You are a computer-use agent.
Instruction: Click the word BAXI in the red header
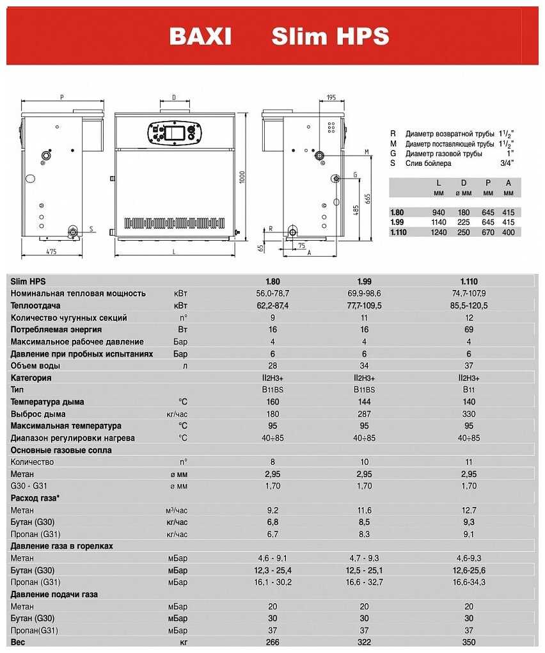pos(200,36)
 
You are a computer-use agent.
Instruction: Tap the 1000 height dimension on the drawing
pos(241,177)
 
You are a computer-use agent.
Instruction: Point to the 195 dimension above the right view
pos(331,98)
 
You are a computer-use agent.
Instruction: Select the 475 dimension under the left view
pos(51,252)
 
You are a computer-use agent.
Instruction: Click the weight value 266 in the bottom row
pos(272,642)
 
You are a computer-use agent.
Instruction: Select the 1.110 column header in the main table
pos(469,281)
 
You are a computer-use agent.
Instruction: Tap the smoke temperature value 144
pos(364,402)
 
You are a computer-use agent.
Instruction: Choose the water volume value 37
pos(469,366)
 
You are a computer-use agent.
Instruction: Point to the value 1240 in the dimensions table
pos(438,232)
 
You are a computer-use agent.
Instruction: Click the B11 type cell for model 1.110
pos(469,390)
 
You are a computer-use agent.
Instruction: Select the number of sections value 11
pos(364,318)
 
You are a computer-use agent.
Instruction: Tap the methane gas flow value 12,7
pos(469,510)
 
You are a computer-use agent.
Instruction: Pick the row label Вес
pos(18,642)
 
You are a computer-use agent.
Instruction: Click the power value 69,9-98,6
pos(364,293)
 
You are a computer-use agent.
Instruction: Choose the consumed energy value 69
pos(469,330)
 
